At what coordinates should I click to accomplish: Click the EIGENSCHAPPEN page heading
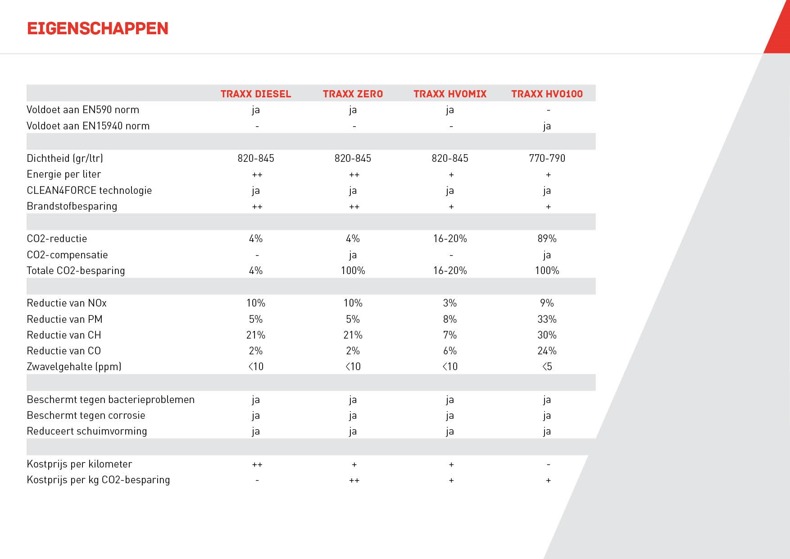click(x=98, y=28)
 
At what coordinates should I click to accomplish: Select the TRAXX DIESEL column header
click(x=256, y=94)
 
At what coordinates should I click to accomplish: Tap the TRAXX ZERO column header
click(x=353, y=94)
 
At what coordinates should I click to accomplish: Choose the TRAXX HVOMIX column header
click(x=450, y=94)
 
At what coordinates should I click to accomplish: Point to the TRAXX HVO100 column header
click(x=547, y=94)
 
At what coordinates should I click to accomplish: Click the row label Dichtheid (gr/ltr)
click(x=65, y=158)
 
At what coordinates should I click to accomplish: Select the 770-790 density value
click(x=547, y=158)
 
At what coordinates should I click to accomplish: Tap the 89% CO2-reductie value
click(x=547, y=238)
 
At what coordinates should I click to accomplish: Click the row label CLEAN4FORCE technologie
click(x=89, y=190)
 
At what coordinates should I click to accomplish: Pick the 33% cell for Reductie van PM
click(x=547, y=319)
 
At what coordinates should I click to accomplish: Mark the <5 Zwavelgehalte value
click(x=547, y=367)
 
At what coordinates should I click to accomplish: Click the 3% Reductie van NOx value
click(x=450, y=303)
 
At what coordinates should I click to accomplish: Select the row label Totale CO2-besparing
click(x=76, y=270)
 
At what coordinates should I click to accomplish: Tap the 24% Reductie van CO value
click(x=547, y=351)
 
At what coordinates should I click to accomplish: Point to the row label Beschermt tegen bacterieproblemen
click(x=110, y=399)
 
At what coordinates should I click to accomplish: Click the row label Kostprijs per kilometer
click(x=79, y=464)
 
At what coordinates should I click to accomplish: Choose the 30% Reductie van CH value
click(x=547, y=335)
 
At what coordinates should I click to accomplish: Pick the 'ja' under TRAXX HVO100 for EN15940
click(x=547, y=126)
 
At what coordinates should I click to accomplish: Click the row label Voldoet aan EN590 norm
click(x=83, y=110)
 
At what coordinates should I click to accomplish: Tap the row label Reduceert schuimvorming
click(x=87, y=431)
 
